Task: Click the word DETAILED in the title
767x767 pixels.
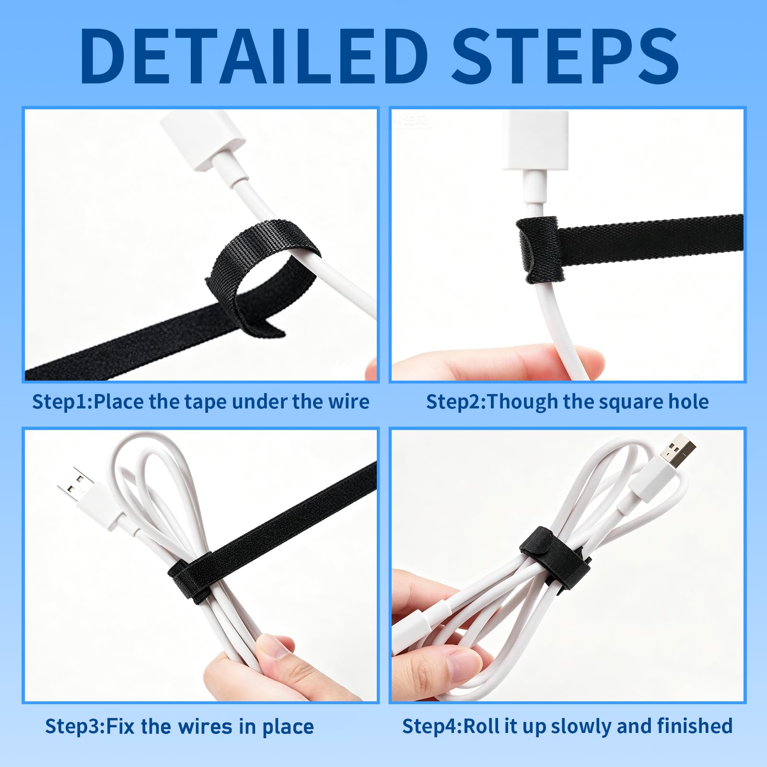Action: click(x=254, y=56)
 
